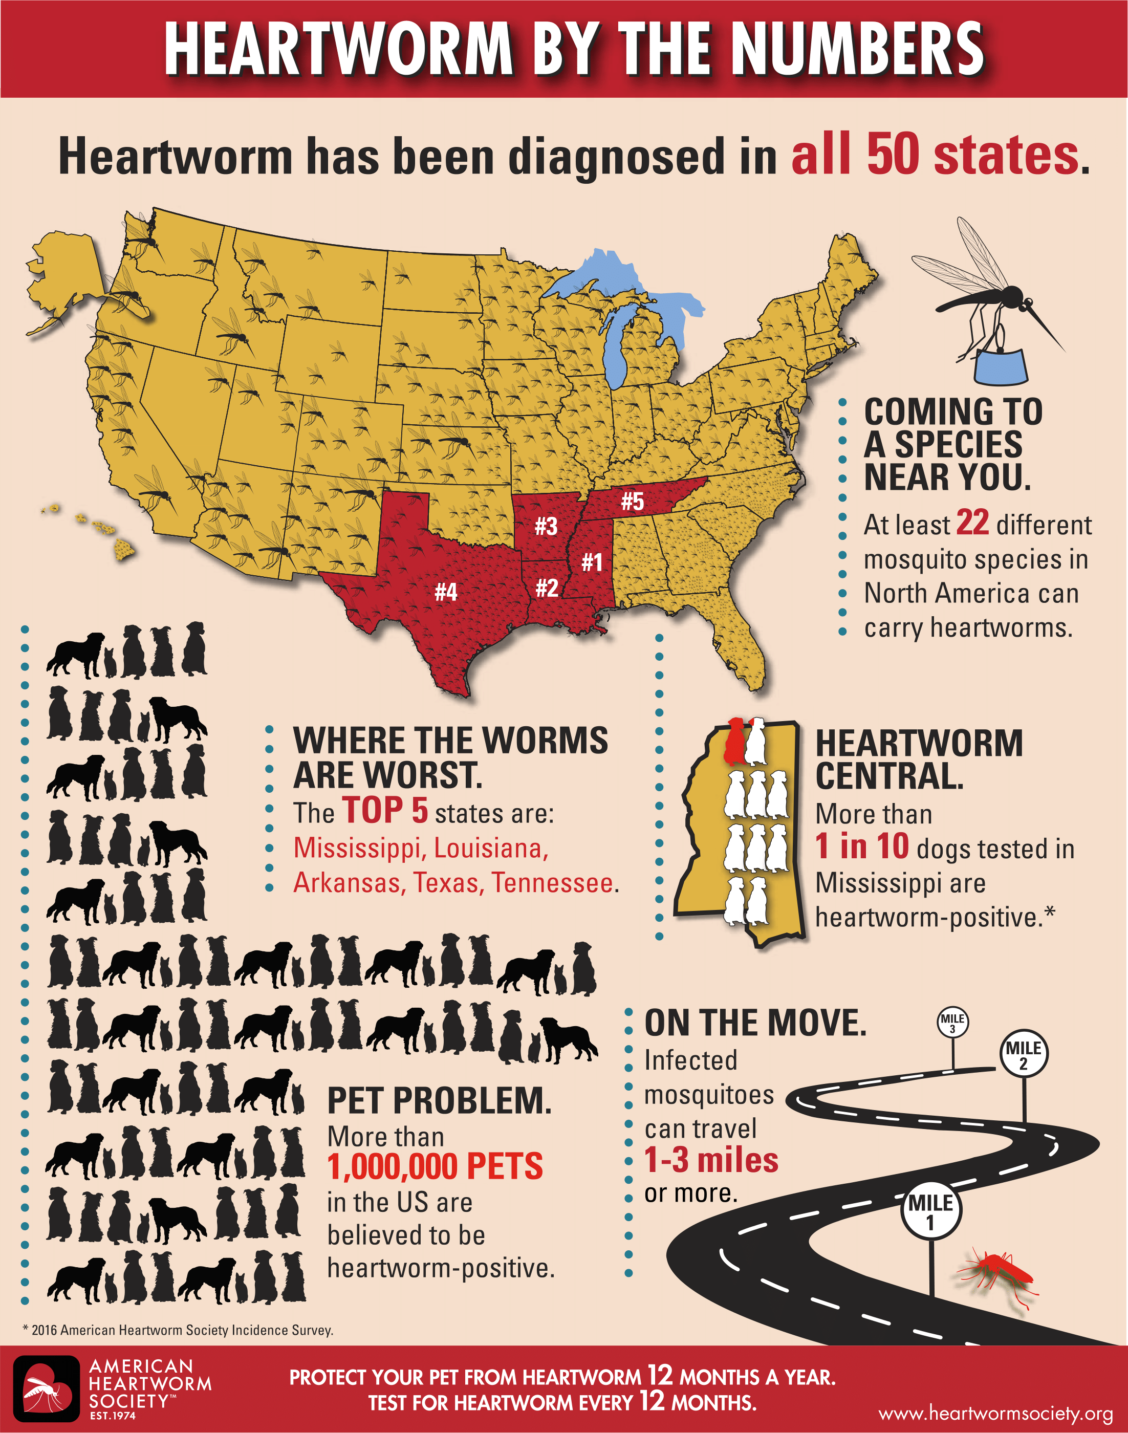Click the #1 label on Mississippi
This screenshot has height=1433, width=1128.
coord(592,562)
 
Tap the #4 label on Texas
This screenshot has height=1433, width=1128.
coord(446,591)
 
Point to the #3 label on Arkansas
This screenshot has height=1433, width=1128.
coord(546,526)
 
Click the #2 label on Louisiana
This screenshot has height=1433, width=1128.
coord(547,587)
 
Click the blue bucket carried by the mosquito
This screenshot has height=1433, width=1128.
coord(1001,366)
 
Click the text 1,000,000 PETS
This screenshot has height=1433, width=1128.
coord(435,1167)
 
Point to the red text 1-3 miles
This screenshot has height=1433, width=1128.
coord(711,1160)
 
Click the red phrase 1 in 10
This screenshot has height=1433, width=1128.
coord(862,846)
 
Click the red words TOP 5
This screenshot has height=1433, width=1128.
coord(385,811)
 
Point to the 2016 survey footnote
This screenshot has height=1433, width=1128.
coord(178,1330)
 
